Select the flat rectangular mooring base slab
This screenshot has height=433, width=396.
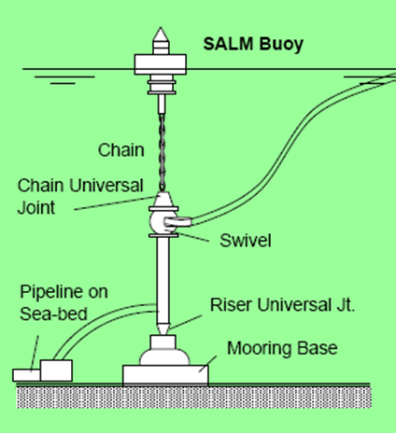pos(166,373)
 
